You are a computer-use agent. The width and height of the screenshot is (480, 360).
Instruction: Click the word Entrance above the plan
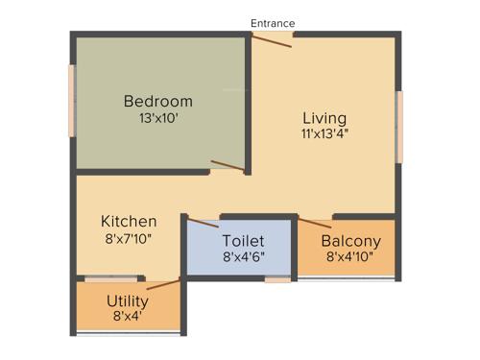point(273,23)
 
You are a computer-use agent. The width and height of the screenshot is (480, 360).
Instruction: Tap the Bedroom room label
point(158,101)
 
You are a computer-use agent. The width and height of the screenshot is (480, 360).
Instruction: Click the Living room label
point(324,118)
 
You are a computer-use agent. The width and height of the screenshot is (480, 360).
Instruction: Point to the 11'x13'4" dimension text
point(324,134)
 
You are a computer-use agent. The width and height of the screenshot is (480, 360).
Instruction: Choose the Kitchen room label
point(129,222)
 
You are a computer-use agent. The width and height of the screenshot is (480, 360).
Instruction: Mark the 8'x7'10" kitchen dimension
point(129,239)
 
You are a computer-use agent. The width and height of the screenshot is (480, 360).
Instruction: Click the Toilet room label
point(243,240)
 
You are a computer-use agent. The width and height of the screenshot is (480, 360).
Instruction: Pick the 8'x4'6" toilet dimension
point(243,256)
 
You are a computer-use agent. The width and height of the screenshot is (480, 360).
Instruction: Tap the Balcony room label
point(350,241)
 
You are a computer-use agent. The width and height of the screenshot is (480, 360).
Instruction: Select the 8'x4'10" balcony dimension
point(350,257)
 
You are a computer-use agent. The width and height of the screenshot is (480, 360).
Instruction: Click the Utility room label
point(128,300)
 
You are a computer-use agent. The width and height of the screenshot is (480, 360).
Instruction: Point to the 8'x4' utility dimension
point(128,316)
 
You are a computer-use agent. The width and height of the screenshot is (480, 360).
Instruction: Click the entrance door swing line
point(272,41)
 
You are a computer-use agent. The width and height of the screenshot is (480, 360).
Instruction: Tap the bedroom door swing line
point(228,166)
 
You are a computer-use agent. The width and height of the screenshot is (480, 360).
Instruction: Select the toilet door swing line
point(202,224)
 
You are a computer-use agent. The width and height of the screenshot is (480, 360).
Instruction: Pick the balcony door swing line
point(315,224)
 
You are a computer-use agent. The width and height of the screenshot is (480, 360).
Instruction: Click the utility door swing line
point(162,283)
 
